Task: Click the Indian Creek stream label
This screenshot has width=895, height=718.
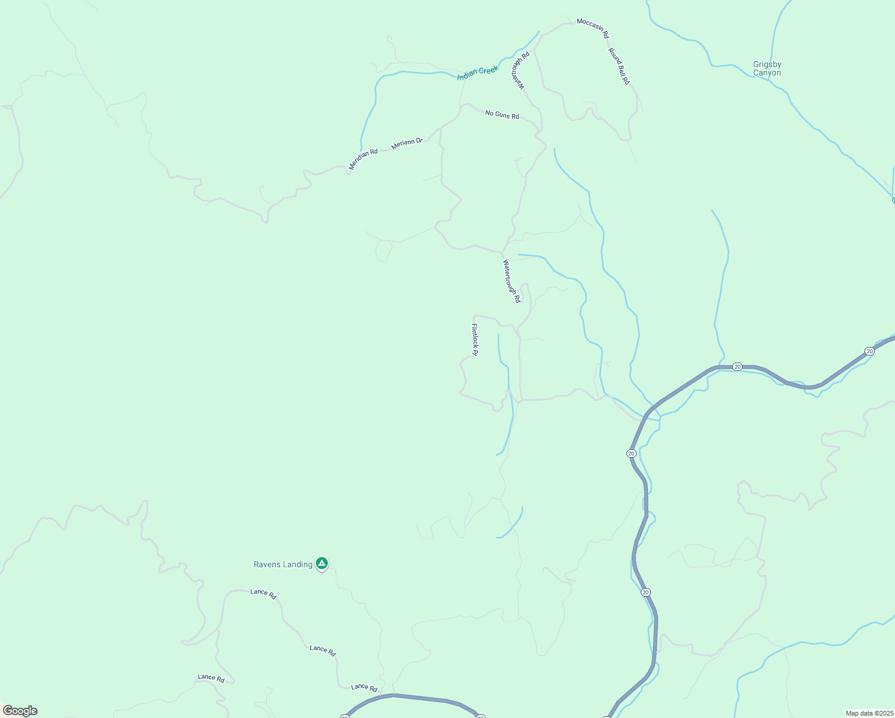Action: (477, 72)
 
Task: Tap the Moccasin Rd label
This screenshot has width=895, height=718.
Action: (592, 29)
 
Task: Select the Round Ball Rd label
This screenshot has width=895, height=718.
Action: (619, 66)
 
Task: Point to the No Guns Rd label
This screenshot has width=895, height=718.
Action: (502, 114)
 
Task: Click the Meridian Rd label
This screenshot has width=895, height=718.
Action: (363, 159)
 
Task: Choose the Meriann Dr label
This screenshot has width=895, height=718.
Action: (407, 144)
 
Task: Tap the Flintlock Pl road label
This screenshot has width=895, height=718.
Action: (475, 340)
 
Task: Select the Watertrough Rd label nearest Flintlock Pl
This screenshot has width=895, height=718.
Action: (511, 281)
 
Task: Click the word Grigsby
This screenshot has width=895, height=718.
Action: (767, 65)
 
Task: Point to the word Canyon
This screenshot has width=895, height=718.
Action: (767, 73)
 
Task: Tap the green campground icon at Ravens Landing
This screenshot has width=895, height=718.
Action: (322, 563)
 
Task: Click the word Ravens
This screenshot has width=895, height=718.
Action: (266, 564)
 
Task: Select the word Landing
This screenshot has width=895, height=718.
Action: (298, 564)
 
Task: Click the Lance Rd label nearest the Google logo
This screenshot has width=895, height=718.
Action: (211, 678)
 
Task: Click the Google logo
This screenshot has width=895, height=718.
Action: (20, 711)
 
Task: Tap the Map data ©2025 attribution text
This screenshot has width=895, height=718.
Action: (869, 713)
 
